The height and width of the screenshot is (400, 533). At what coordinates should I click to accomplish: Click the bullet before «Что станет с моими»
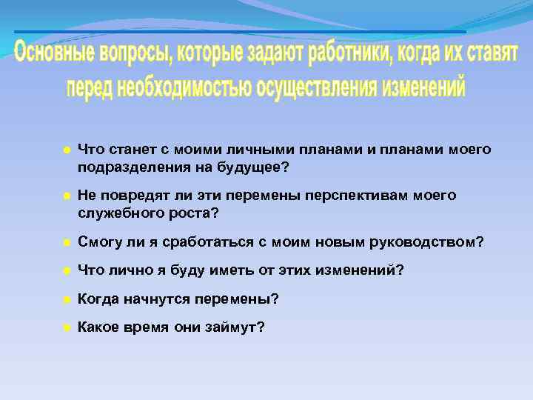tap(66, 150)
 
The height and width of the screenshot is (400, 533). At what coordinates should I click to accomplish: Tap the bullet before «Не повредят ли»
tap(66, 196)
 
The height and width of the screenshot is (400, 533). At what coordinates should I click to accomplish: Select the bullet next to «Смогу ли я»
tap(66, 242)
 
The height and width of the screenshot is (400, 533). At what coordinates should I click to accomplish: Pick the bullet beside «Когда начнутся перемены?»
tap(66, 299)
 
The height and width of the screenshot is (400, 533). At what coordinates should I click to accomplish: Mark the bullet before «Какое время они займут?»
tap(66, 327)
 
